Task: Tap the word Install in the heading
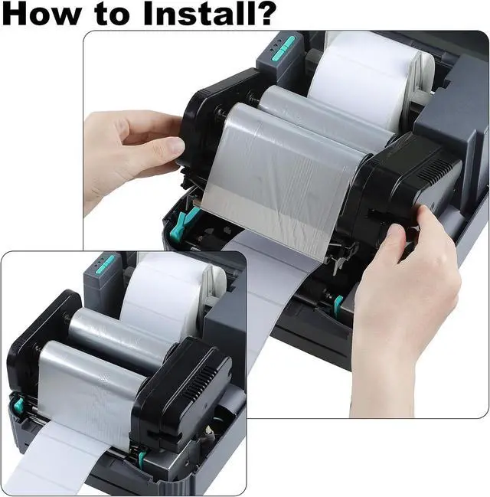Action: (x=195, y=13)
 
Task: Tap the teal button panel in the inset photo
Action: (x=105, y=264)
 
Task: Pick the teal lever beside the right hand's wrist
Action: (x=338, y=302)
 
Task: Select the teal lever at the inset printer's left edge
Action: (x=18, y=404)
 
